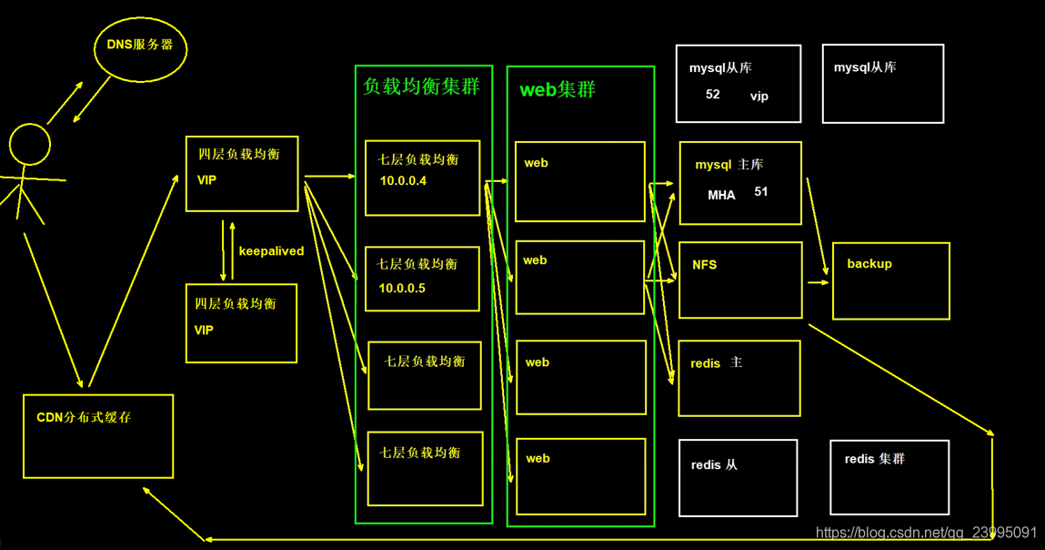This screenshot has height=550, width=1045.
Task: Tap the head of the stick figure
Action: click(29, 145)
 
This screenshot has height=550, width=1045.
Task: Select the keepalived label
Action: click(271, 251)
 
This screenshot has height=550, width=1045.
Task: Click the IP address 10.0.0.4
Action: click(403, 181)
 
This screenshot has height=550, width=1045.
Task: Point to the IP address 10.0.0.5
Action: click(402, 288)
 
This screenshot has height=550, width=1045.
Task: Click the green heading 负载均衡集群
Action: click(421, 87)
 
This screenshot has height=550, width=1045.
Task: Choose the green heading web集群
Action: click(558, 90)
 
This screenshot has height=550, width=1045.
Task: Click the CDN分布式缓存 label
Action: click(84, 417)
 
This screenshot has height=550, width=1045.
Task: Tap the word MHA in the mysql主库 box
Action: click(721, 195)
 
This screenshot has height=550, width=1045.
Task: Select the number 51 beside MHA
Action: click(761, 192)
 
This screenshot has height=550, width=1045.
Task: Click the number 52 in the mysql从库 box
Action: click(712, 95)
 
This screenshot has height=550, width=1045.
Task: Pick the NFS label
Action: click(704, 265)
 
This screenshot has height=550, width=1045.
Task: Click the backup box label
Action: click(869, 264)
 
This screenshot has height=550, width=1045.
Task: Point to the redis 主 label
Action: click(716, 363)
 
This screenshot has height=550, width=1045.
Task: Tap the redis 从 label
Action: click(714, 465)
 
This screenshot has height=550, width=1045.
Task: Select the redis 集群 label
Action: click(874, 459)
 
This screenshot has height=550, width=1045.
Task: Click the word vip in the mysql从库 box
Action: click(759, 96)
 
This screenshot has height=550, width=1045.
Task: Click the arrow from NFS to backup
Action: click(818, 282)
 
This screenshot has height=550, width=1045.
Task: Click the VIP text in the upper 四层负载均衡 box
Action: click(206, 180)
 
